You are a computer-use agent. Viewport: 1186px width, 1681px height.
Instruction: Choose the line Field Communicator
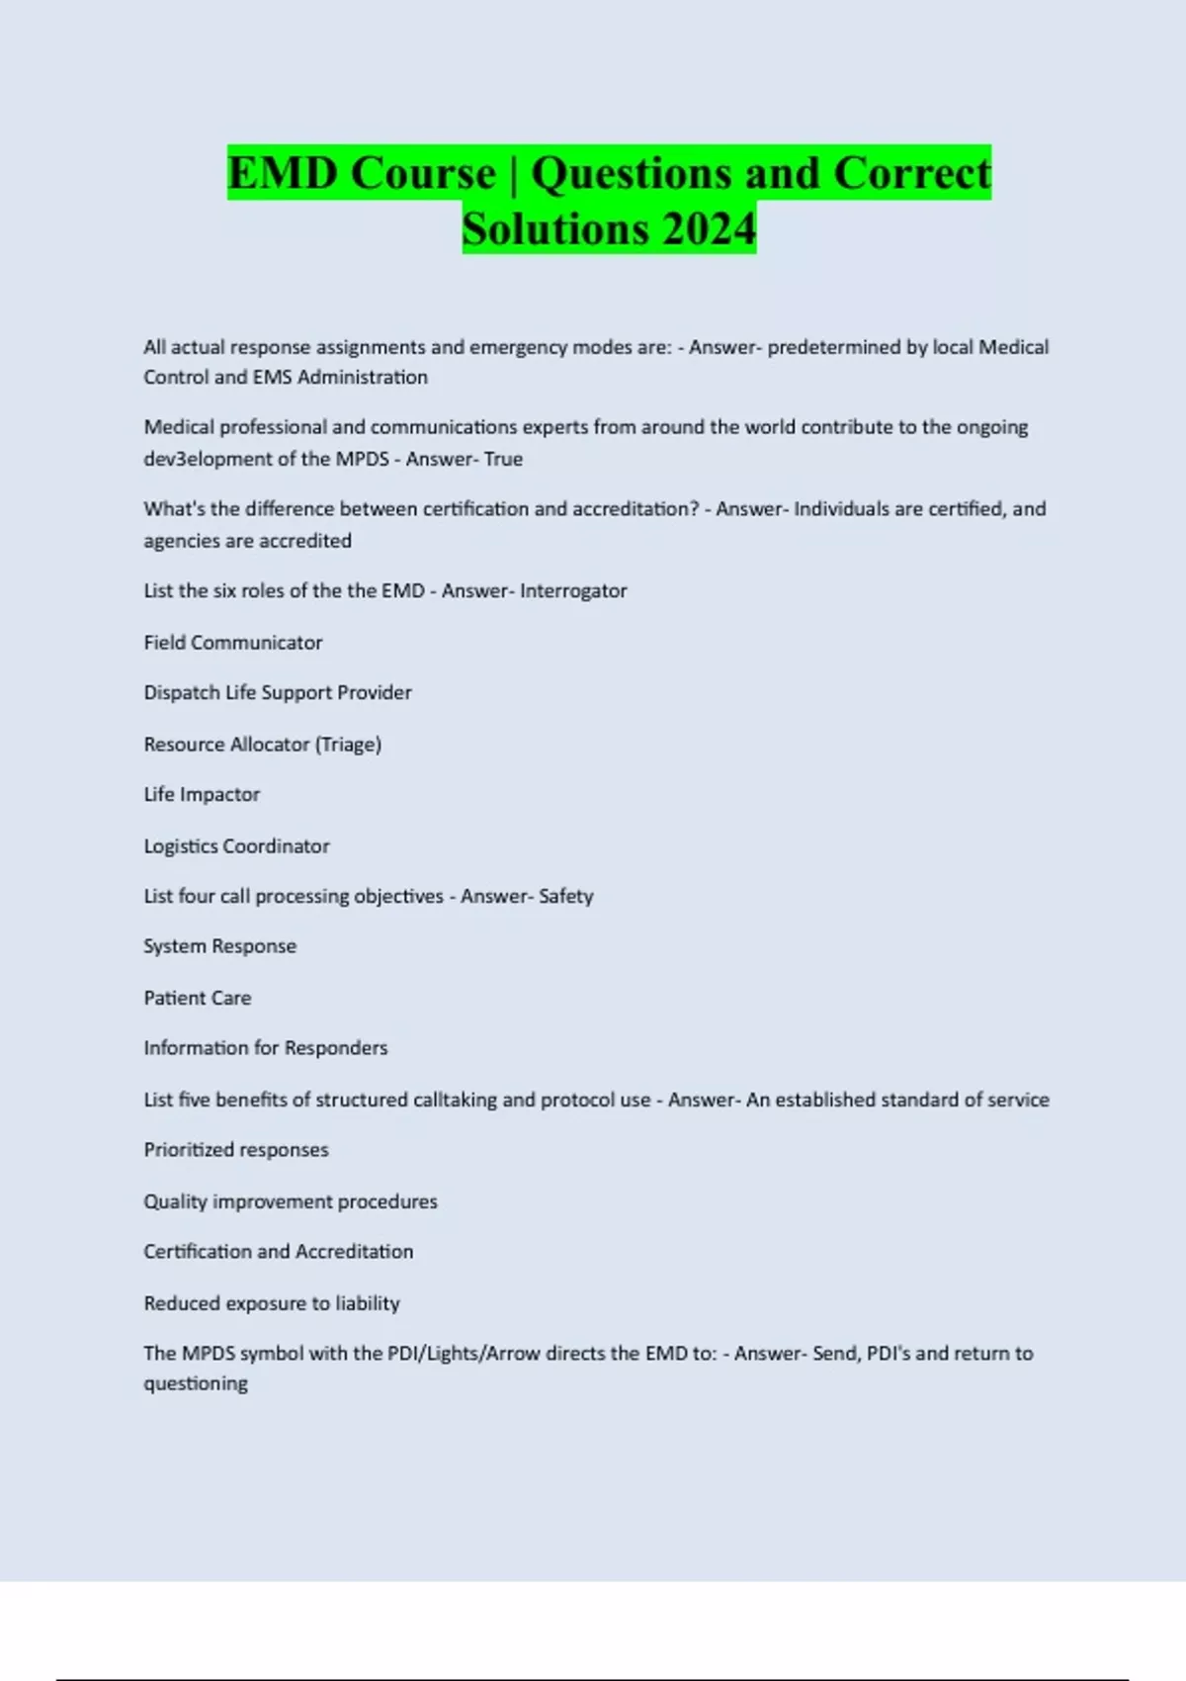click(x=233, y=643)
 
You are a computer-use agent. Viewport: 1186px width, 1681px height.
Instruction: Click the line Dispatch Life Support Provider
click(x=278, y=693)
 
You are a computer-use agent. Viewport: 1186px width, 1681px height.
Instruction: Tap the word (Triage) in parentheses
click(x=348, y=745)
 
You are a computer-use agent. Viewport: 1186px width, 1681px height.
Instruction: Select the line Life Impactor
click(x=202, y=795)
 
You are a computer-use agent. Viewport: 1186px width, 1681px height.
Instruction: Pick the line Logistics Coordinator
click(x=236, y=846)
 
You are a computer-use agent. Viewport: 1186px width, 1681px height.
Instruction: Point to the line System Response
click(x=219, y=946)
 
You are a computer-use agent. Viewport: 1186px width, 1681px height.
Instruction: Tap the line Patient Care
click(x=198, y=998)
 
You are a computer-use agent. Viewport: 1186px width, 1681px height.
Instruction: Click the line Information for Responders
click(x=266, y=1048)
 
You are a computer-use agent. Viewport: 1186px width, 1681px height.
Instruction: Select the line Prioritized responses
click(x=236, y=1150)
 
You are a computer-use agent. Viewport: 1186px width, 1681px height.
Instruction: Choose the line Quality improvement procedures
click(x=291, y=1201)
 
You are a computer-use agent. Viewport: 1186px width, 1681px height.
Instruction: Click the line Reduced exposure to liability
click(x=272, y=1303)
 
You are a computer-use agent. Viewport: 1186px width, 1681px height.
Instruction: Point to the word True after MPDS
click(x=503, y=459)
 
